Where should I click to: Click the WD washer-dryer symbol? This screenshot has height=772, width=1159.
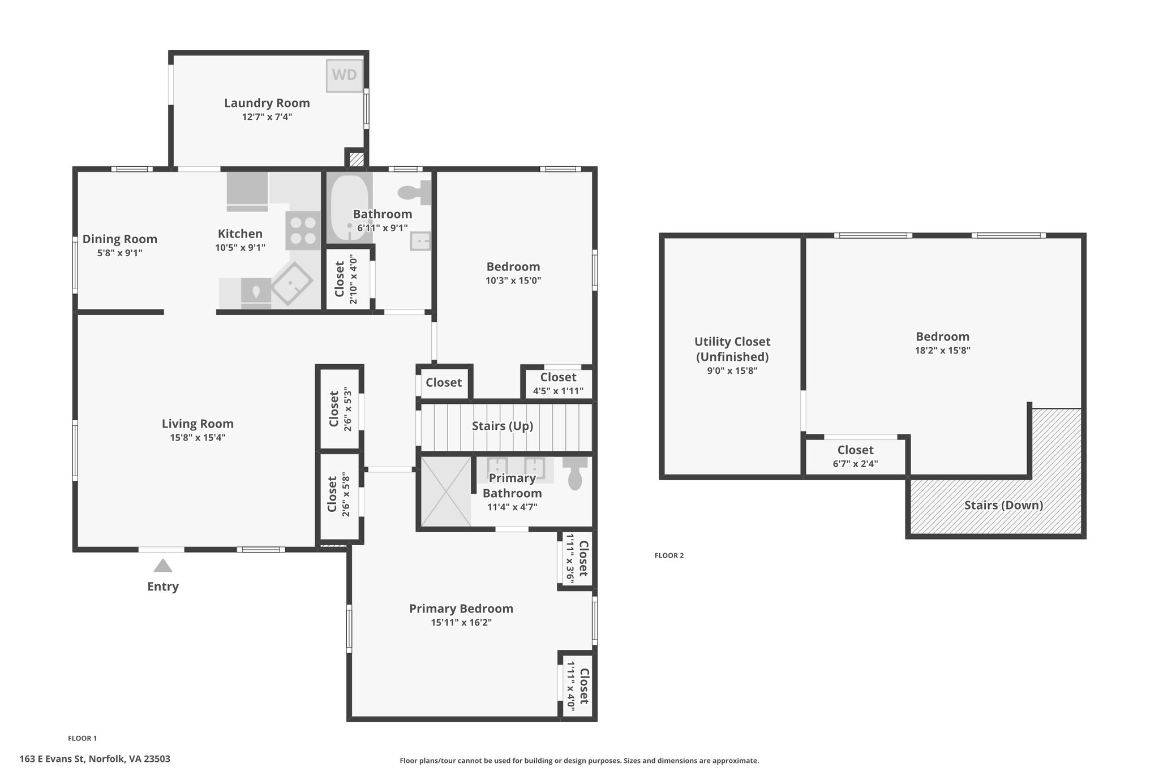tap(345, 76)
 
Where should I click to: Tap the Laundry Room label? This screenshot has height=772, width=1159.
tap(267, 103)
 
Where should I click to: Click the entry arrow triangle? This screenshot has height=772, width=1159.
tap(163, 566)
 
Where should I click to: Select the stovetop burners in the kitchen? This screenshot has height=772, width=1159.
tap(303, 230)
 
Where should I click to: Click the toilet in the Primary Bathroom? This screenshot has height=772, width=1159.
tap(575, 473)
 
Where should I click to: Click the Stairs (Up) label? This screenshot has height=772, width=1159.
tap(503, 426)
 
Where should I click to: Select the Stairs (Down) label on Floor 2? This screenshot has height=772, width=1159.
tap(1003, 505)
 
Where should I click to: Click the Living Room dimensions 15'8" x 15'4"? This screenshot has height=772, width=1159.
tap(198, 437)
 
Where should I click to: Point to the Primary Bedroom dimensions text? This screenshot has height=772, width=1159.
tap(461, 623)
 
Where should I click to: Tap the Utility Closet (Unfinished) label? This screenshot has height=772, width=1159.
tap(732, 349)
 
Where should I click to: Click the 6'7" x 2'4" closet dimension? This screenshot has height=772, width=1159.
tap(856, 464)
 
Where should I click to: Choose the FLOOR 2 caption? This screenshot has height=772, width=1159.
tap(669, 555)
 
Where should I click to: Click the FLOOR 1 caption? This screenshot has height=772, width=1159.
tap(83, 738)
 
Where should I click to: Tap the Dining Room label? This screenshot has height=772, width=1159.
tap(120, 239)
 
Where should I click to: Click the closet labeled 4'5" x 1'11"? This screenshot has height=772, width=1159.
tap(558, 383)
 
